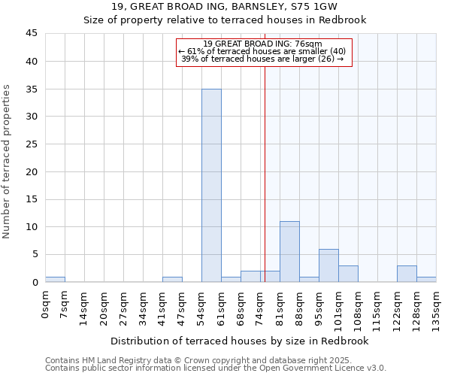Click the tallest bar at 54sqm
tap(211, 186)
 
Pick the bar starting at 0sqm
tap(55, 280)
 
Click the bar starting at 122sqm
tap(407, 274)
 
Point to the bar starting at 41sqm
tap(172, 280)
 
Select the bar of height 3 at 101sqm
tap(348, 274)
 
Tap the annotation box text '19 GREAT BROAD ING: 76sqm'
tap(262, 44)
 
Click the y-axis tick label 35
tap(32, 89)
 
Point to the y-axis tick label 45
tap(32, 34)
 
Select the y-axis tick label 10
tap(32, 227)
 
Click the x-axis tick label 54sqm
tap(202, 305)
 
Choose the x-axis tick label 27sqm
tap(124, 305)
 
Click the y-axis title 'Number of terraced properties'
tap(7, 162)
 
